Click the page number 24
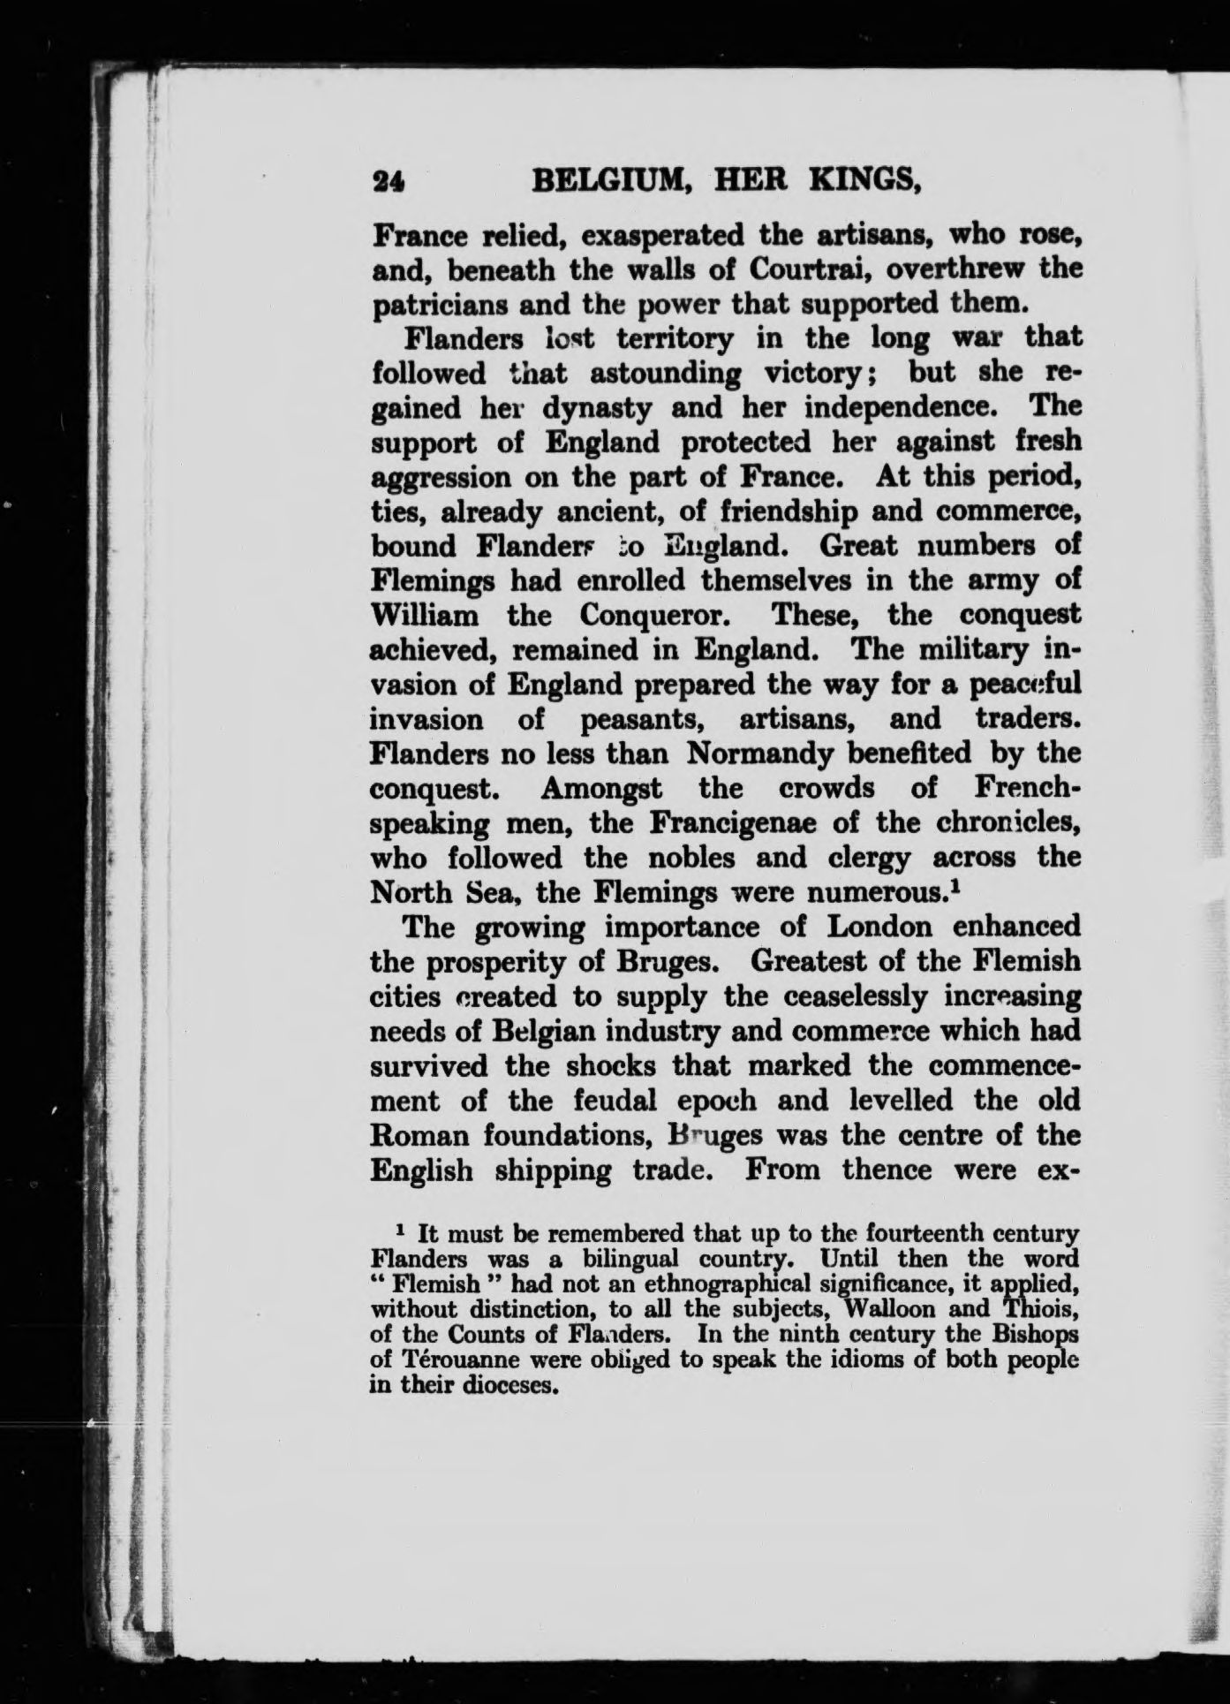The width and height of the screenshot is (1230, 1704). coord(389,181)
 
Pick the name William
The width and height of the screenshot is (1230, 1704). coord(426,615)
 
